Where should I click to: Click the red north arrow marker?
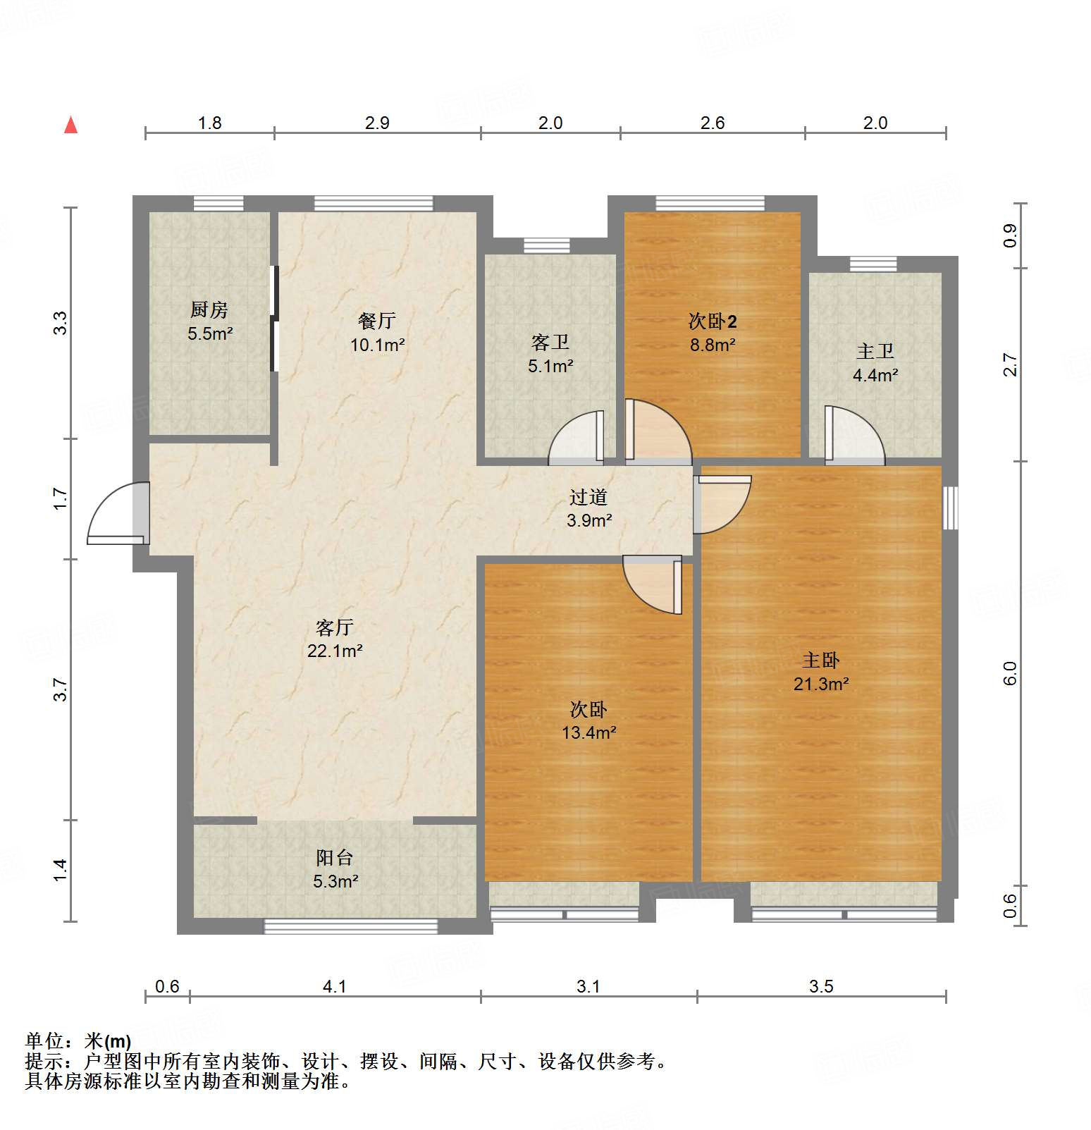[70, 125]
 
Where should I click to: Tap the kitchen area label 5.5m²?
[210, 333]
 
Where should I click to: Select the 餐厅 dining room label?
[377, 321]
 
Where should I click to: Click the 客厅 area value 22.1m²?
[335, 651]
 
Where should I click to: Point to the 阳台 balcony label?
[334, 858]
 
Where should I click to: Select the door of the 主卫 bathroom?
[853, 436]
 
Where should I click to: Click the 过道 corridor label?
[588, 498]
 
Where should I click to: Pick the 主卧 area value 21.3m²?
[821, 684]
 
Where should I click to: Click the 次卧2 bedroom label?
[713, 321]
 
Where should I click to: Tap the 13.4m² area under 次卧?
[588, 732]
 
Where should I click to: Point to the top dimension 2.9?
[377, 123]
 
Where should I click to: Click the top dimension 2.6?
[713, 123]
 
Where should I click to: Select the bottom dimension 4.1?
[335, 986]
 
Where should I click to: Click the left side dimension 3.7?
[61, 689]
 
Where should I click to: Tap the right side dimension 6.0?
[1010, 673]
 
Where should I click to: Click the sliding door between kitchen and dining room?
[275, 319]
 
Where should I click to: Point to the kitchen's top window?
[218, 204]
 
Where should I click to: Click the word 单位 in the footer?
[44, 1041]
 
